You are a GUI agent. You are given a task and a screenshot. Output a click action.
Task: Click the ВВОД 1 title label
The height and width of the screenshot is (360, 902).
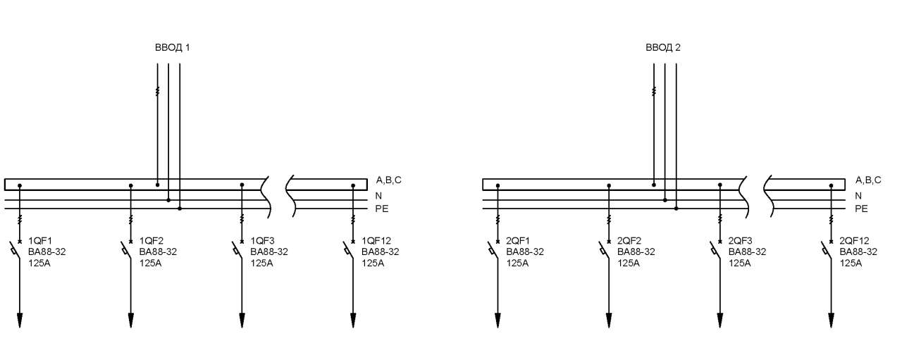(173, 47)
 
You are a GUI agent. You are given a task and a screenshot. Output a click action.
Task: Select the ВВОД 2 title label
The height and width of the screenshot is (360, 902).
(663, 47)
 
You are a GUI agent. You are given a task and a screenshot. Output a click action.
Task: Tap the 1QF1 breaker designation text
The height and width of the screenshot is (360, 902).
(40, 241)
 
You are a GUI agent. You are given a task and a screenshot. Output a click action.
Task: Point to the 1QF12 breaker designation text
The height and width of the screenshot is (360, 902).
(376, 241)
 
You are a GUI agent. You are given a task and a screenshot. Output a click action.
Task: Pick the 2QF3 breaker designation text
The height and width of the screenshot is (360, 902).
(740, 241)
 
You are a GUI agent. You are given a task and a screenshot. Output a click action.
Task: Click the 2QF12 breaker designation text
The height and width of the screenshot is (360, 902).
(854, 241)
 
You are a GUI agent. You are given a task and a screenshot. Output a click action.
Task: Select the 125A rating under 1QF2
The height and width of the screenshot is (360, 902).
(150, 263)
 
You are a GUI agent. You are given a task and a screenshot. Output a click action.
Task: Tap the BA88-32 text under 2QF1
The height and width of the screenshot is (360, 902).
(525, 252)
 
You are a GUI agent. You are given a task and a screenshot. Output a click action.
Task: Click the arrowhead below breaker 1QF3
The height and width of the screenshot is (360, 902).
(242, 321)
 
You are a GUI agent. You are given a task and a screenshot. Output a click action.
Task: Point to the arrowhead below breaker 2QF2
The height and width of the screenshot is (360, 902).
(609, 321)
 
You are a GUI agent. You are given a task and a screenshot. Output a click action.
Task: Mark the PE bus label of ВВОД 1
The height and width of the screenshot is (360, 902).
(382, 209)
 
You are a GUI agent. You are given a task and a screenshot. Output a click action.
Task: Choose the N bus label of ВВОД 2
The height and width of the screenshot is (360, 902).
(858, 196)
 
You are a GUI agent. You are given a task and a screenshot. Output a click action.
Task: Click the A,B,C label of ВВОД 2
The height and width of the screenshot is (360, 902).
(867, 180)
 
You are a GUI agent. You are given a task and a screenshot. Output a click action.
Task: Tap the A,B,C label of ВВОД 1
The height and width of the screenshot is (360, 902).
(388, 180)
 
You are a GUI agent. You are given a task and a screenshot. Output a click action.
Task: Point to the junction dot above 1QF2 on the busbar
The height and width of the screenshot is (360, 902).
(131, 186)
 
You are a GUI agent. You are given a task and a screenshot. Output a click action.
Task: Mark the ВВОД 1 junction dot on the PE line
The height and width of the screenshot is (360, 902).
(180, 209)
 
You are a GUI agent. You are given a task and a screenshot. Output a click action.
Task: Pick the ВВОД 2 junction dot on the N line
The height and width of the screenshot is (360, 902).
(665, 200)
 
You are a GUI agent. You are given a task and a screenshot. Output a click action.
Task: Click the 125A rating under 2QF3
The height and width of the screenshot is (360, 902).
(739, 263)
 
